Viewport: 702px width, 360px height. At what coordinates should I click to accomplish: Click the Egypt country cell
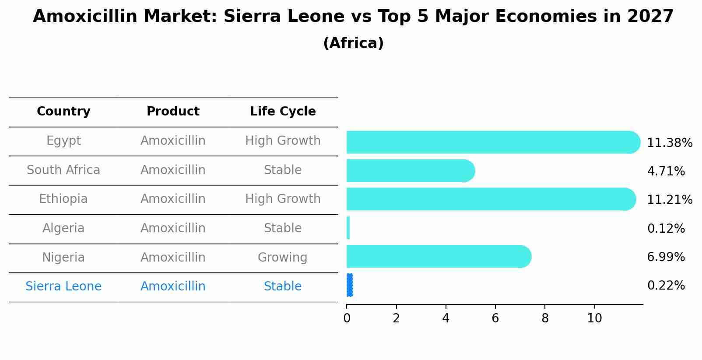click(63, 141)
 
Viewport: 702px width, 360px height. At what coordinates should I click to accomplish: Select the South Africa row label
click(63, 170)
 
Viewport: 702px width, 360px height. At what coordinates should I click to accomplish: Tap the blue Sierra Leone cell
click(63, 287)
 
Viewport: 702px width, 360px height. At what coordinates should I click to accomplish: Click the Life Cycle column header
click(283, 112)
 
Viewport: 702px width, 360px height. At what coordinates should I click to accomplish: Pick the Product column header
click(173, 112)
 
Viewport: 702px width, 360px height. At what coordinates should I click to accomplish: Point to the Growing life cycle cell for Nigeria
click(282, 258)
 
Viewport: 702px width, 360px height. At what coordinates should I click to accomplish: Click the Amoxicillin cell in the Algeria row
click(173, 228)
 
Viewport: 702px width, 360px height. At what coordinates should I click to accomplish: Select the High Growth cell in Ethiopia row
click(283, 199)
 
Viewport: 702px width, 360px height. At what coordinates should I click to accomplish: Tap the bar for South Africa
click(409, 171)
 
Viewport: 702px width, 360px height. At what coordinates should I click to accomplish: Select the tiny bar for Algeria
click(348, 228)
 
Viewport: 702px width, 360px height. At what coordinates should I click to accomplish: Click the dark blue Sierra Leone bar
click(349, 285)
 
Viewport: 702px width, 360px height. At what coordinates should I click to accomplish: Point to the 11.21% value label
click(670, 200)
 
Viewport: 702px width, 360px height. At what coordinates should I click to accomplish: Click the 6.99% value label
click(666, 257)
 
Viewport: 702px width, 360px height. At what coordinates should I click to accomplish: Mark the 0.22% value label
click(666, 286)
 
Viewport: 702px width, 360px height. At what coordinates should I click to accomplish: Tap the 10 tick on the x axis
click(594, 318)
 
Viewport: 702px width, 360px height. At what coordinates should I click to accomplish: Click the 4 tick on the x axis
click(446, 318)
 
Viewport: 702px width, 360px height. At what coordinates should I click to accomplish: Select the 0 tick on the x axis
click(347, 318)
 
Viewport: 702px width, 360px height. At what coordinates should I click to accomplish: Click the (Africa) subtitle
click(353, 43)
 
